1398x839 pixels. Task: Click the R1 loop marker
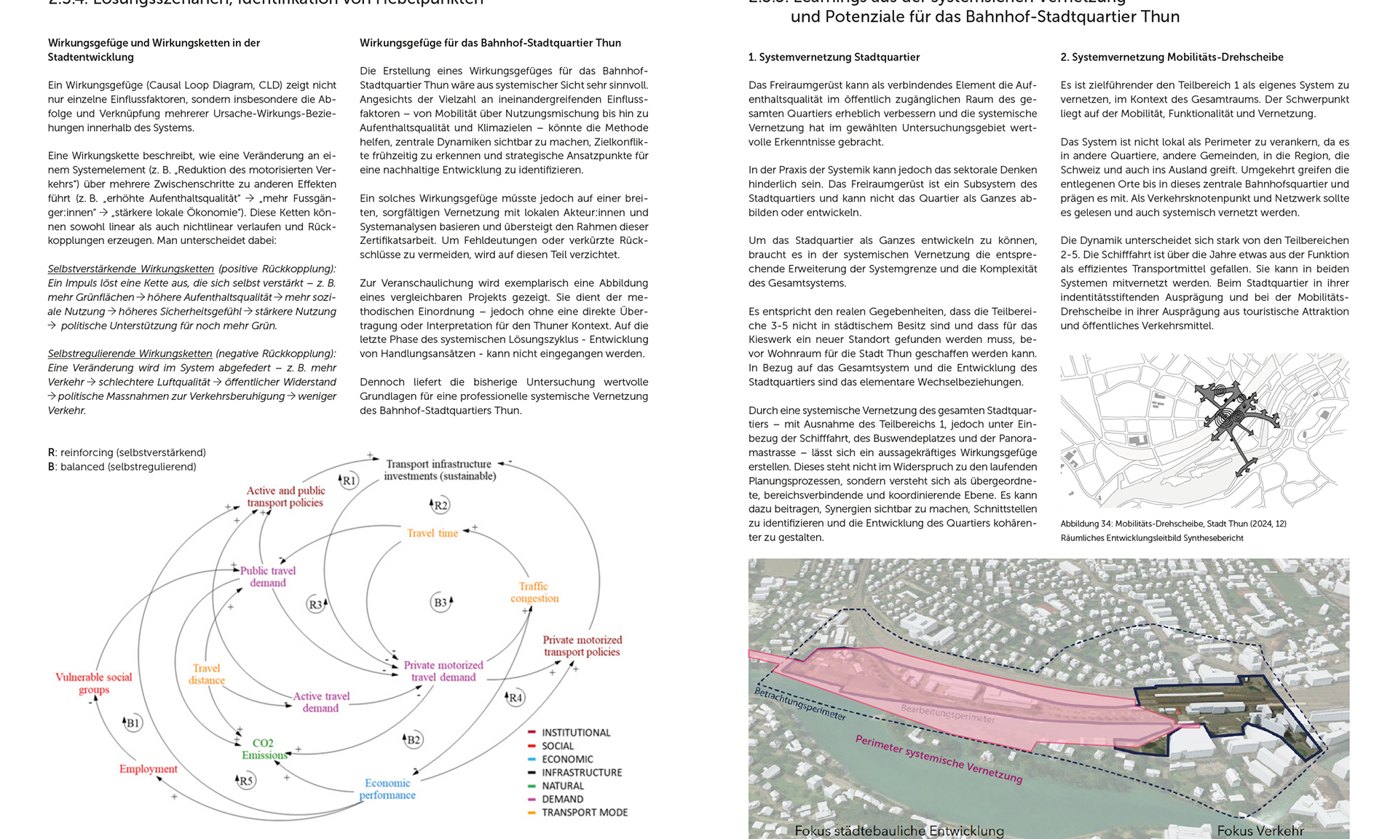(x=349, y=480)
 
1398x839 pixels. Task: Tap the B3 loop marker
(x=441, y=602)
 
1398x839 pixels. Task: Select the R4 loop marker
(x=515, y=697)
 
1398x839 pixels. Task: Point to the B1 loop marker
(x=132, y=722)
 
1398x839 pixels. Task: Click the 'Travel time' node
(x=433, y=533)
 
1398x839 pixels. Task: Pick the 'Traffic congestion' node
(x=534, y=592)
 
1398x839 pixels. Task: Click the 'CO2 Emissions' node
(x=264, y=749)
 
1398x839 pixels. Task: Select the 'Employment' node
(x=149, y=768)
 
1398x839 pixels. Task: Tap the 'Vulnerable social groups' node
(x=94, y=683)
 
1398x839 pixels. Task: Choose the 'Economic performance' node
(x=387, y=789)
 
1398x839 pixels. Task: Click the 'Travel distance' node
(x=207, y=674)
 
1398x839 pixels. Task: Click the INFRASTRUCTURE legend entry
(x=581, y=772)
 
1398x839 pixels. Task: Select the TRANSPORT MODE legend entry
(x=584, y=812)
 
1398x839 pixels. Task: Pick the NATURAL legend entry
(x=562, y=786)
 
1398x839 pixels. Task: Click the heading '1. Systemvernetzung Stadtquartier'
(x=834, y=57)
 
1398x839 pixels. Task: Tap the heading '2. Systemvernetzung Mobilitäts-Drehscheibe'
(x=1172, y=57)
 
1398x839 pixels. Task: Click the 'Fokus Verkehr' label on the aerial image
(x=1260, y=830)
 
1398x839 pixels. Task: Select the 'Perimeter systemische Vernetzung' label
(x=939, y=759)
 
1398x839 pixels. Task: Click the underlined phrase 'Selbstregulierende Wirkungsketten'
(x=130, y=353)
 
